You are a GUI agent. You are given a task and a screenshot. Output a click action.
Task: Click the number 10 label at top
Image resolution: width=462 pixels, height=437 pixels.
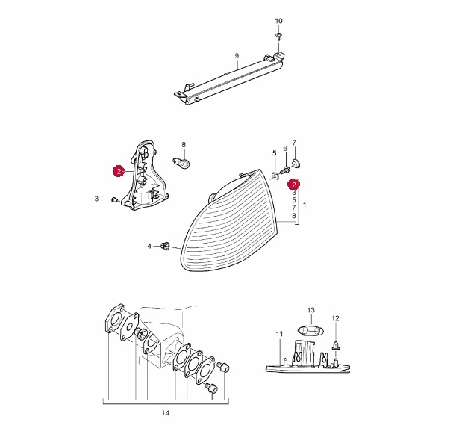(x=278, y=21)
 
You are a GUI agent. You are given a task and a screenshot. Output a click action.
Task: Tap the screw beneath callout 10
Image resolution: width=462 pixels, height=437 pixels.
(x=278, y=36)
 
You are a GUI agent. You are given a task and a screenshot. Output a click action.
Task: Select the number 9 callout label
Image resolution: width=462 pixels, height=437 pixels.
(x=237, y=56)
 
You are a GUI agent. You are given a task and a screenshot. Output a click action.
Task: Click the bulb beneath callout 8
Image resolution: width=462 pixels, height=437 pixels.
(x=181, y=162)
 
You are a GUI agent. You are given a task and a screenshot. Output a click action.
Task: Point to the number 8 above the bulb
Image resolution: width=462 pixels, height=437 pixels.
(x=184, y=145)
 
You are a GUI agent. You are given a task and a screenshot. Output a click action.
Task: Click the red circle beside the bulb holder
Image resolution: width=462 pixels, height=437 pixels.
(x=119, y=171)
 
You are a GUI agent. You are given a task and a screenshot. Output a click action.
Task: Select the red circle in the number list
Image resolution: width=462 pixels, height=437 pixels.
(x=293, y=185)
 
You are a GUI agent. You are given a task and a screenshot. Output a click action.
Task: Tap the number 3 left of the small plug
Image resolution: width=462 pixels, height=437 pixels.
(x=96, y=199)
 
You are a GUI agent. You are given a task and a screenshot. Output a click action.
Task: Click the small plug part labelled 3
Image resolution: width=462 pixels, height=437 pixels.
(x=114, y=200)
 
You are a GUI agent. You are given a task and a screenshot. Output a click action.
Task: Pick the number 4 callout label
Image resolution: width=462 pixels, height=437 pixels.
(x=149, y=246)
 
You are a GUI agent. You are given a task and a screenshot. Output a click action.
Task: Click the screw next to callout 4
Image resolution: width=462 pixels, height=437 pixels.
(x=166, y=246)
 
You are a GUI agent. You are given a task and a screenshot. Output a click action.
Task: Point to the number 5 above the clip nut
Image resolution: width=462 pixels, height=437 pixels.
(x=275, y=153)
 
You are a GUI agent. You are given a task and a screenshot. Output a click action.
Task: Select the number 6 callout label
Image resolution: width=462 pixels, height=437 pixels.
(x=285, y=149)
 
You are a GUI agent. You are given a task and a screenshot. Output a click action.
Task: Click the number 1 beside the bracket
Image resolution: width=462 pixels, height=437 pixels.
(x=305, y=205)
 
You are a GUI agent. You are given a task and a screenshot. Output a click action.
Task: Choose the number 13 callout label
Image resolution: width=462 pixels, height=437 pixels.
(x=310, y=310)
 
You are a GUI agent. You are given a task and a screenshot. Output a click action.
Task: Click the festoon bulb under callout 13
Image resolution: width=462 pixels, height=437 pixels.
(x=311, y=330)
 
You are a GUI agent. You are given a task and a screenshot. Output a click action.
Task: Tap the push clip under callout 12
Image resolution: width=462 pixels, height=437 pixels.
(x=335, y=345)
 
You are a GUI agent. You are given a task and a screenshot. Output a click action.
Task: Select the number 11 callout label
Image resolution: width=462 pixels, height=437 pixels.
(x=279, y=334)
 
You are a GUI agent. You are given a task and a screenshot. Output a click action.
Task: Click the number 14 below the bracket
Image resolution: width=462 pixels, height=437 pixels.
(x=166, y=413)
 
